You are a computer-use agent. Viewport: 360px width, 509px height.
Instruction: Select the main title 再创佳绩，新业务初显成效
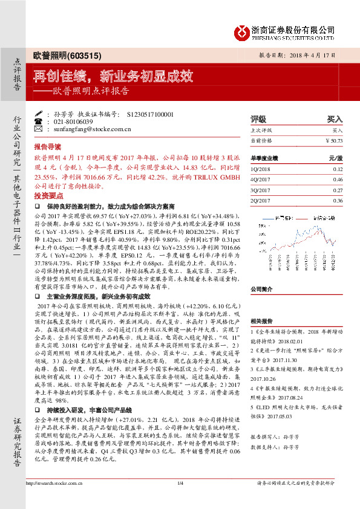click(113, 76)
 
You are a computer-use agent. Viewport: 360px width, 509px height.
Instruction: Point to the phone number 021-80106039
click(70, 121)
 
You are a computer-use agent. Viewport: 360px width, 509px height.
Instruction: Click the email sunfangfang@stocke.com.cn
click(87, 128)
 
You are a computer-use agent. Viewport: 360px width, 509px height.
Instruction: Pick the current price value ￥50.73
click(333, 140)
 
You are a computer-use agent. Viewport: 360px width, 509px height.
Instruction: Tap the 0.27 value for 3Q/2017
click(338, 190)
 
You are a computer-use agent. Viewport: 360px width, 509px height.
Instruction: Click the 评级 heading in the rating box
click(258, 119)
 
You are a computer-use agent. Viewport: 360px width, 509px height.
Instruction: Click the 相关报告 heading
click(261, 321)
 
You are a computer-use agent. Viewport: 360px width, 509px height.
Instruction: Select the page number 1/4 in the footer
click(180, 499)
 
